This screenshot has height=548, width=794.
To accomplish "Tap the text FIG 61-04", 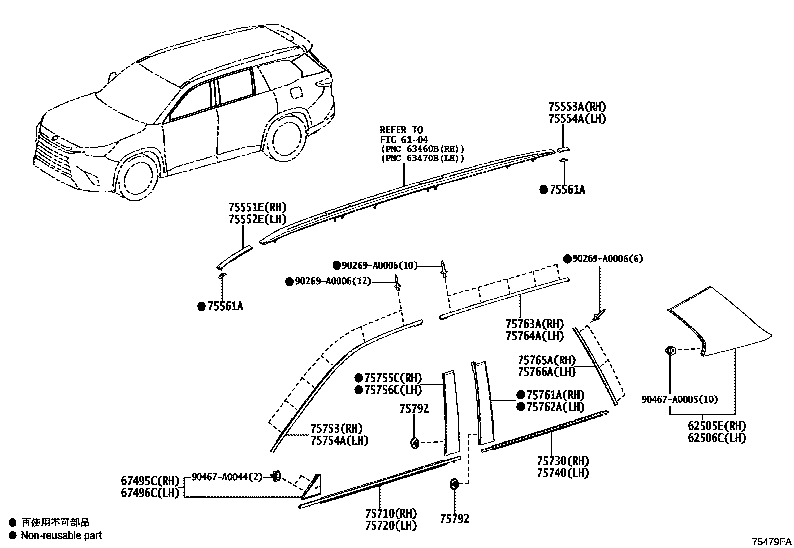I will coord(404,140).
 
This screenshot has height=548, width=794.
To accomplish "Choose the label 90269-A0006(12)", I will coord(333,282).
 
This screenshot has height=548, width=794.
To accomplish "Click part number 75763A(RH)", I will coord(534,324).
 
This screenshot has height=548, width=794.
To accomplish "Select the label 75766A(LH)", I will coord(546,372).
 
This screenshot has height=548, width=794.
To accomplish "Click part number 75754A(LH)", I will coord(339,441).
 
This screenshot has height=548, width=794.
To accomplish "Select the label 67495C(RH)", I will coord(149,481).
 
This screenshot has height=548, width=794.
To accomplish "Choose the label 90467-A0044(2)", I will coord(227,477).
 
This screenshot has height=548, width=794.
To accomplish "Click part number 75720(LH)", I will coord(391,525).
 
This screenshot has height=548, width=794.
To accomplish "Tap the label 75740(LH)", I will coord(563,473).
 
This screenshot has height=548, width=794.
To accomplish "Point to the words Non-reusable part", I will coord(61,535).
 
